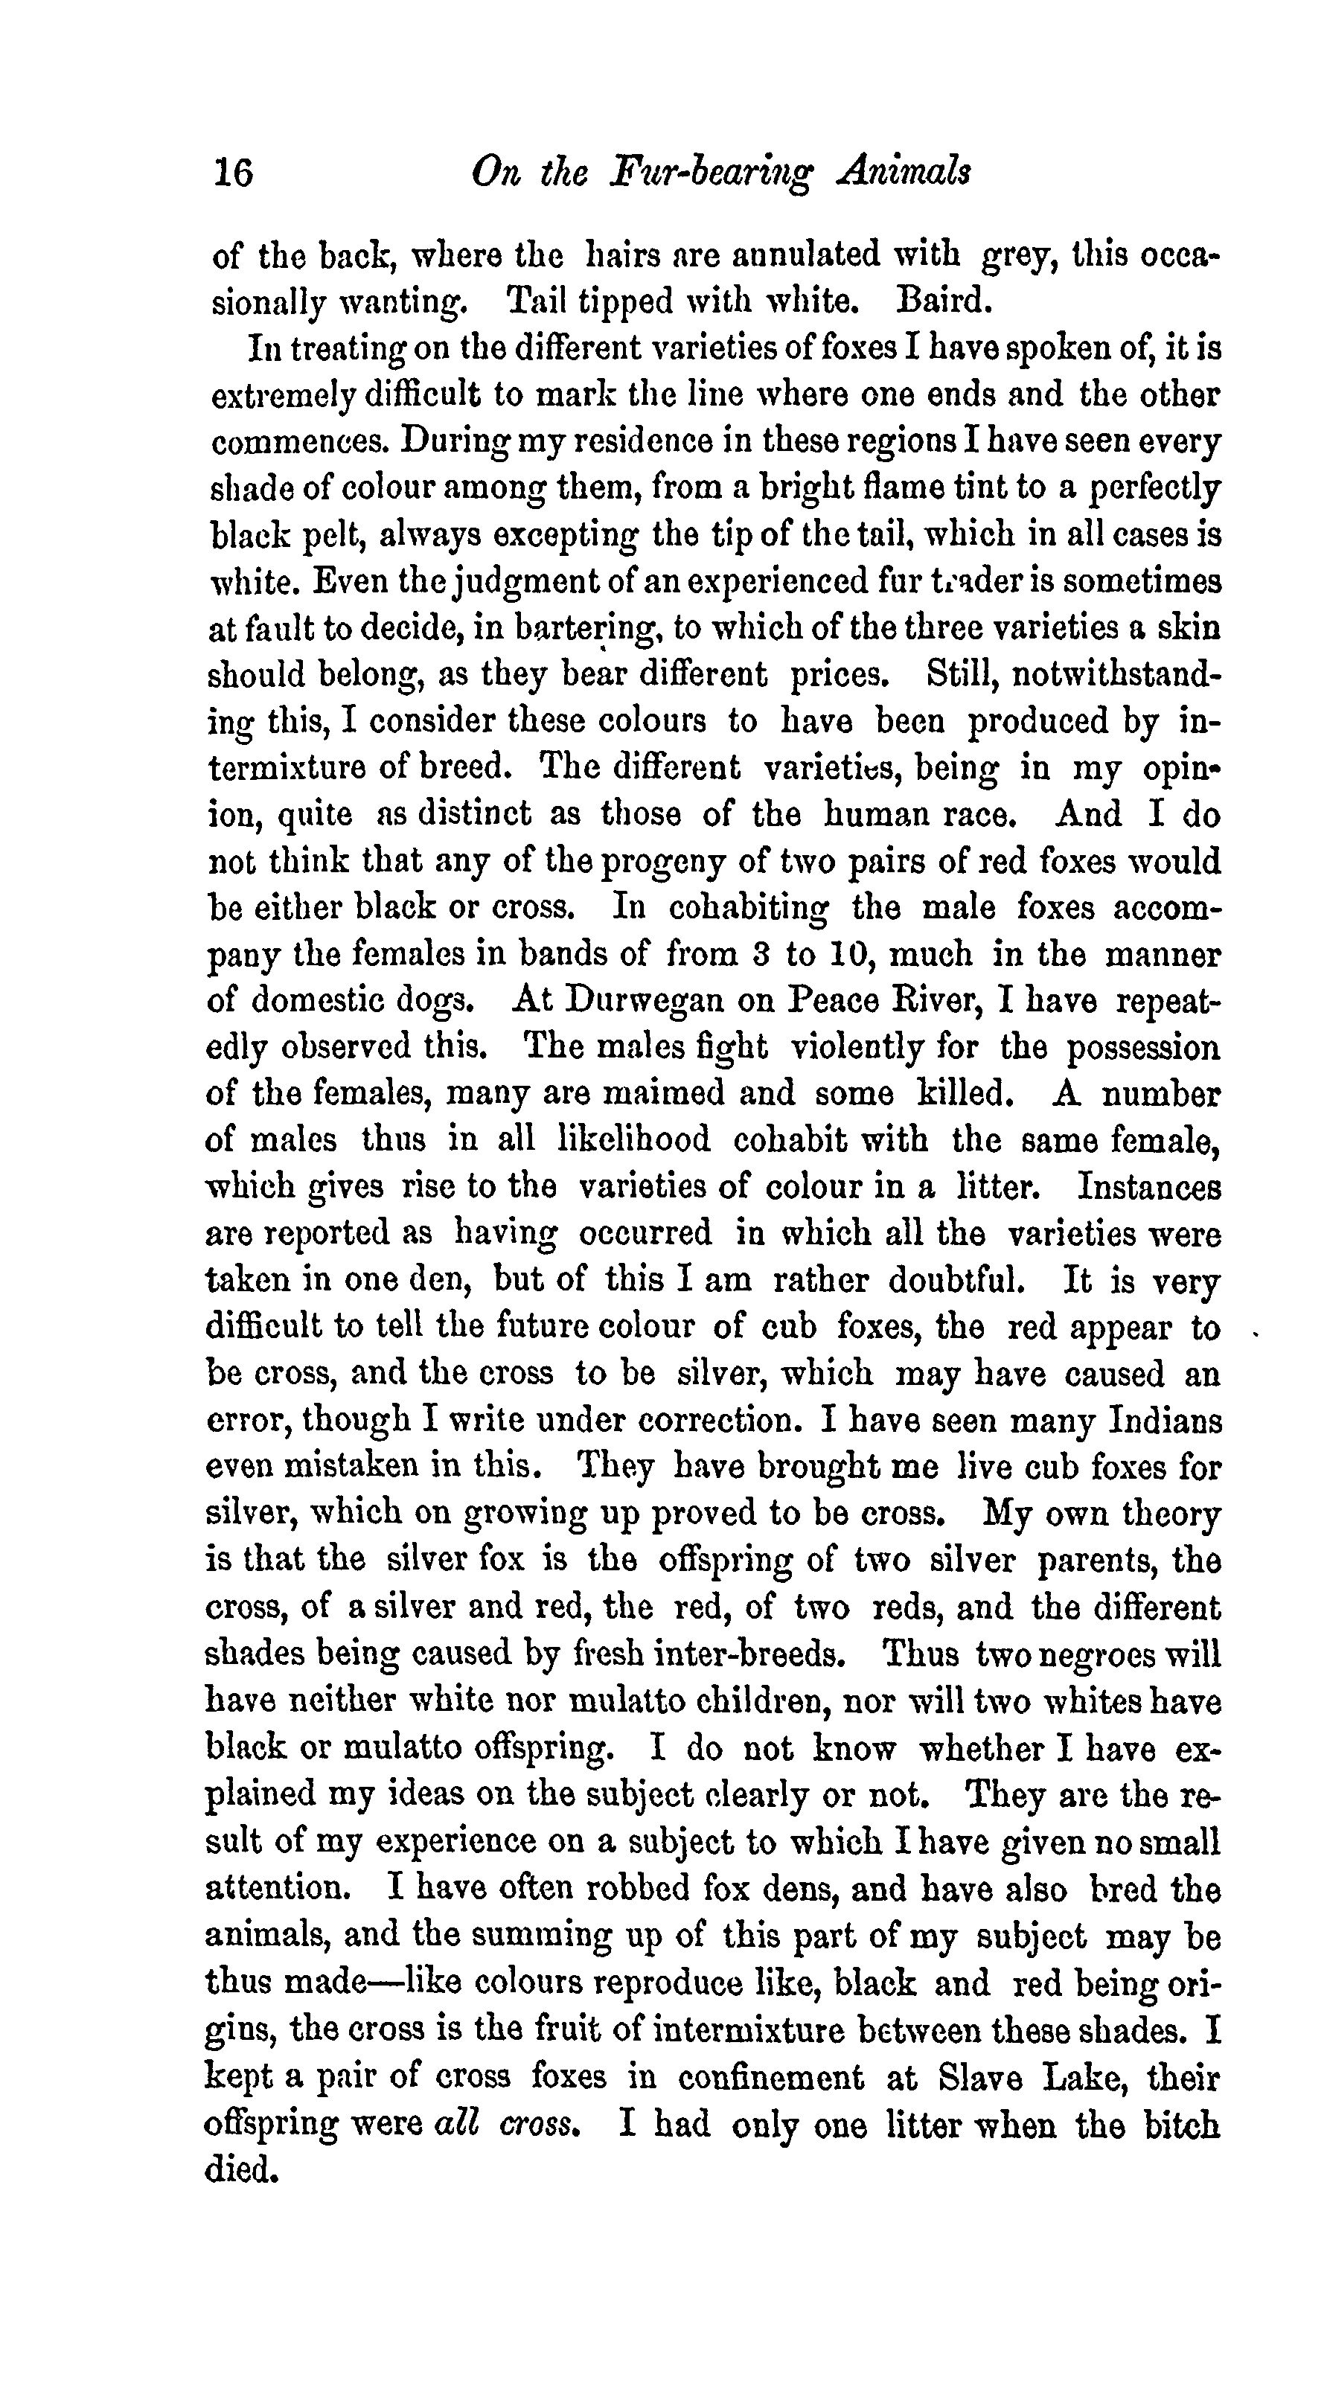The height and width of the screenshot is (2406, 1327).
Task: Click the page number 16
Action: click(234, 173)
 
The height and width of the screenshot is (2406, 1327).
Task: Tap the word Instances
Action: click(1148, 1187)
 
